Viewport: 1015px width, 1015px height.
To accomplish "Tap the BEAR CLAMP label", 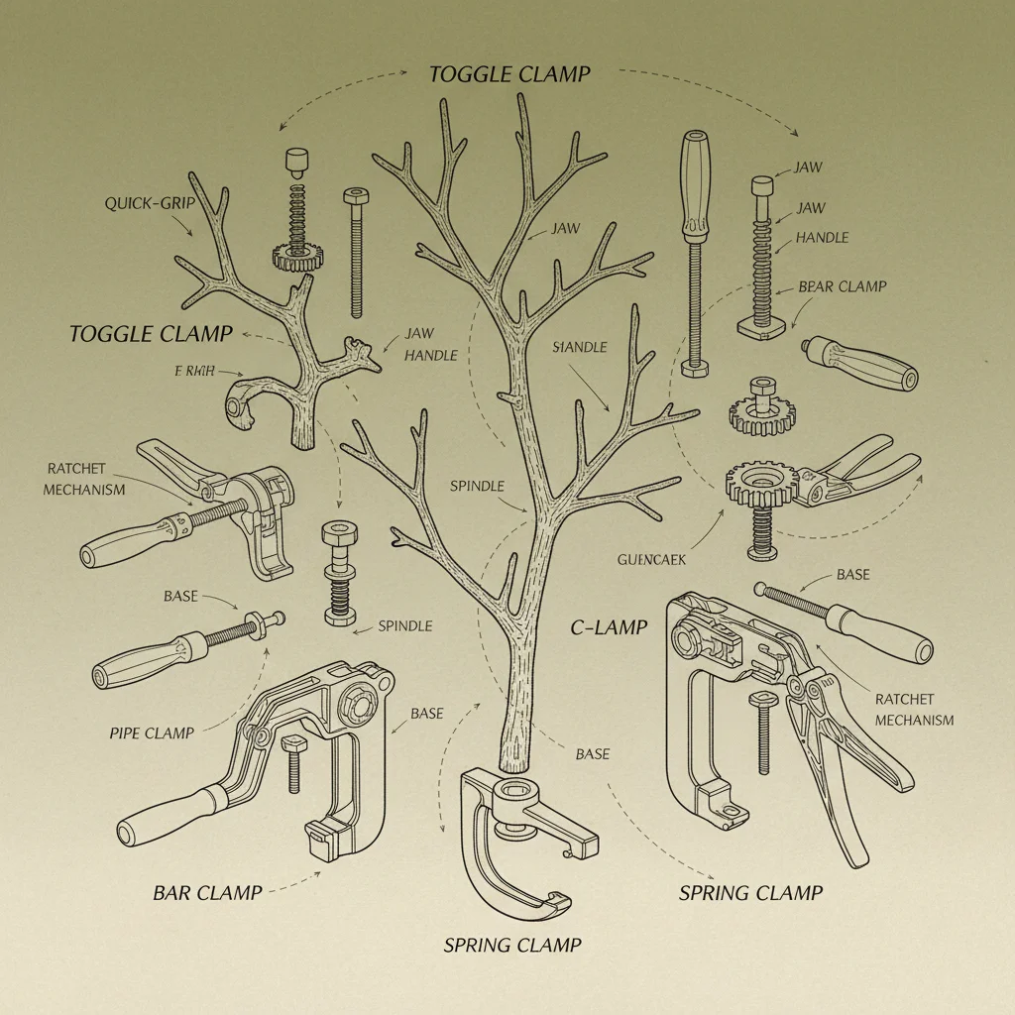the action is (x=842, y=286).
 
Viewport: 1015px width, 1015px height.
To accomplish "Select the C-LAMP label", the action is (x=609, y=627).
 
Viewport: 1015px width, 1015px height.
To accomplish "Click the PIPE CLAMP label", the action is (x=152, y=733).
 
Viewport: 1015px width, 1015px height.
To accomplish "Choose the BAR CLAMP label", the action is (x=207, y=892).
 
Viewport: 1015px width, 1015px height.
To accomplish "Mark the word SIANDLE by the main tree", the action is (x=579, y=348).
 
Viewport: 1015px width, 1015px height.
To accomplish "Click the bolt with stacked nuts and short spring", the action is (x=339, y=575).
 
